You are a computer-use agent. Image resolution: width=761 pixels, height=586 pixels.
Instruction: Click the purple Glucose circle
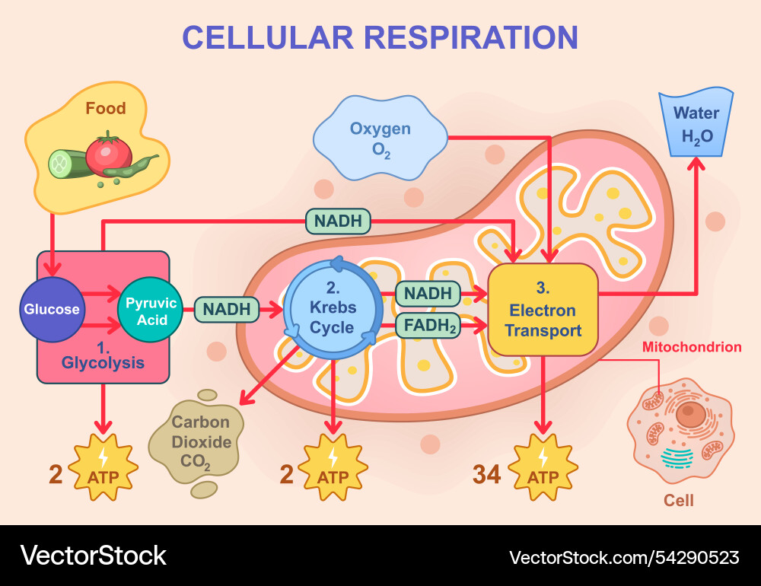[52, 309]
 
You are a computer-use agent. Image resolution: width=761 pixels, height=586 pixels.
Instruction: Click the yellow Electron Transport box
[543, 310]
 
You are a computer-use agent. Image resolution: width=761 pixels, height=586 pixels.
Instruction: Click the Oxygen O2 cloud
[380, 139]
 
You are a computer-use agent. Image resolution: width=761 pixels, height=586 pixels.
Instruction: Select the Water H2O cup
[696, 123]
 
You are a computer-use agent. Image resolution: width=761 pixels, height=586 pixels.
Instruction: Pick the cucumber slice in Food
[61, 164]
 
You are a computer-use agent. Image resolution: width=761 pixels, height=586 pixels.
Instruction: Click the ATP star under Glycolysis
[103, 468]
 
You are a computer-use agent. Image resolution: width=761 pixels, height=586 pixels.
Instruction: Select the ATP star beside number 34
[543, 468]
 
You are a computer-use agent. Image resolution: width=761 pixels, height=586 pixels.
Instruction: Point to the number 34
[487, 474]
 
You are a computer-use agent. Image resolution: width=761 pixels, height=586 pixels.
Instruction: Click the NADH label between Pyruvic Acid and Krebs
[226, 309]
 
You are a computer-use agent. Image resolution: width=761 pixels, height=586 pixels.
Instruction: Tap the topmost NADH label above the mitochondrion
[338, 221]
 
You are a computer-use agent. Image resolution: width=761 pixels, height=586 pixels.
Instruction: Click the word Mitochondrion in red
[691, 347]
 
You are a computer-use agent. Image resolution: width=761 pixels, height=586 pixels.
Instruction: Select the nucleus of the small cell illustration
[691, 415]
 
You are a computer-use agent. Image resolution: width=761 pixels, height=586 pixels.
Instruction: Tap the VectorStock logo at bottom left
[93, 556]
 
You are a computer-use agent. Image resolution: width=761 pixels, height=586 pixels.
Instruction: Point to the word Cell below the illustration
[679, 501]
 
